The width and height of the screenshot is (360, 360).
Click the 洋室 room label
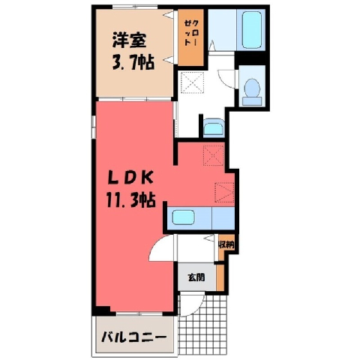point(129,40)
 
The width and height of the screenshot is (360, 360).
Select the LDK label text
point(130,178)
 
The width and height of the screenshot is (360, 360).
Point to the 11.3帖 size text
point(130,199)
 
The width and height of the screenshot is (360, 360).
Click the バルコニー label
point(133,337)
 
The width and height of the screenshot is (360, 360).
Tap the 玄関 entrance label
point(196,277)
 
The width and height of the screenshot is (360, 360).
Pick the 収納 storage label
point(226,245)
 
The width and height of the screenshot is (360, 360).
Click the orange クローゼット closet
point(190,37)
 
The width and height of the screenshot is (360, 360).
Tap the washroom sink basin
point(213,128)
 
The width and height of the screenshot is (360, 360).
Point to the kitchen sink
point(184,217)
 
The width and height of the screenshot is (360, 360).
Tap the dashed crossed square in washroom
point(192,82)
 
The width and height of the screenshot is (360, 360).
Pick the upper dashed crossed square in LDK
point(214,155)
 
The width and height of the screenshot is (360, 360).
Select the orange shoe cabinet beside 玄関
point(220,277)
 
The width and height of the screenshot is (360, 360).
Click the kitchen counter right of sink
point(223,218)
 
